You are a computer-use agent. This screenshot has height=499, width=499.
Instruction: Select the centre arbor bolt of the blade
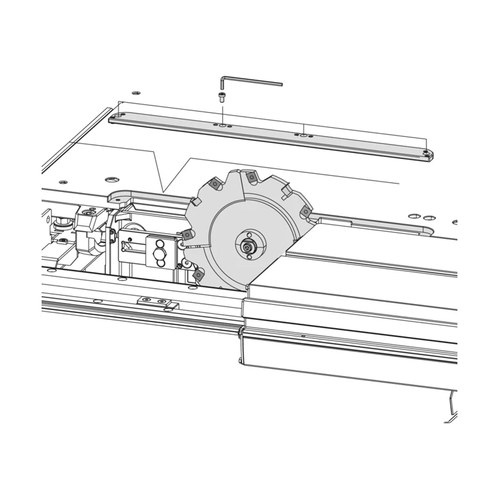(x=249, y=248)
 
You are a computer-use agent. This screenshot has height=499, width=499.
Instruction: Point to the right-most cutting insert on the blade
(x=306, y=211)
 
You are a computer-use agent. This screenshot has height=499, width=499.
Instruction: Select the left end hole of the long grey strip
(x=119, y=116)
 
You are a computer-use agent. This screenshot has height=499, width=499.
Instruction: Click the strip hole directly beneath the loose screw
(x=223, y=125)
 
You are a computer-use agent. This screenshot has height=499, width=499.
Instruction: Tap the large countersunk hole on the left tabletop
(x=111, y=180)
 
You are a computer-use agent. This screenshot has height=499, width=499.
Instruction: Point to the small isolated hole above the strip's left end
(x=134, y=92)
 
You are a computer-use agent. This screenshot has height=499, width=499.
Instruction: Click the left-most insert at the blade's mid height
(x=188, y=235)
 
